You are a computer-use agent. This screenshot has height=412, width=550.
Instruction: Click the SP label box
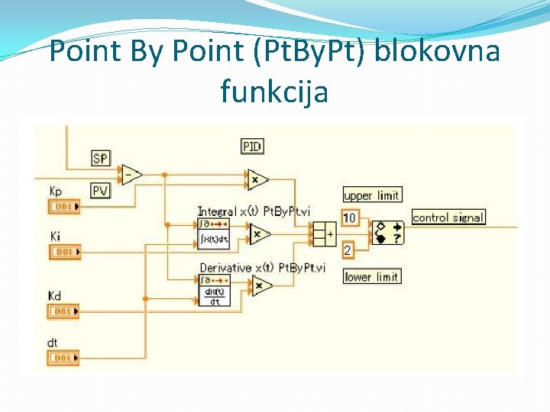coord(100,158)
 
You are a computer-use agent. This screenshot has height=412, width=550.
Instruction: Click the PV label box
coord(100,190)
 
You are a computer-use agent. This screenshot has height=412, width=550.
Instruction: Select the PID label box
coord(251,146)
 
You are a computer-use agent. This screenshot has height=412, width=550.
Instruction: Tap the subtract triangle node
coord(131,175)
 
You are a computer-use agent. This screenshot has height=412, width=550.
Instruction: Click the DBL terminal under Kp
coord(63,206)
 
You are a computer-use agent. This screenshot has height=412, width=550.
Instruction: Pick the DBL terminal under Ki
coord(63,252)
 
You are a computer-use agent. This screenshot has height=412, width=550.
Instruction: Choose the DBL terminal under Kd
coord(63,311)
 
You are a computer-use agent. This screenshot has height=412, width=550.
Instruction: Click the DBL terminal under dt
coord(63,357)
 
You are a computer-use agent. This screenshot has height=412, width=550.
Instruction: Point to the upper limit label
coord(372,195)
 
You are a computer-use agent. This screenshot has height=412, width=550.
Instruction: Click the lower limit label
coord(372,276)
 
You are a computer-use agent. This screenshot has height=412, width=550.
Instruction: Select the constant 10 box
coord(349,217)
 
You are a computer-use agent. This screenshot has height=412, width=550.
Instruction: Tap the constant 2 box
coord(347,250)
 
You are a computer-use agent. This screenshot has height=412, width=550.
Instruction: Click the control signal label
coord(448,217)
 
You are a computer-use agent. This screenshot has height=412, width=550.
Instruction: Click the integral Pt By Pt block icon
coord(213,233)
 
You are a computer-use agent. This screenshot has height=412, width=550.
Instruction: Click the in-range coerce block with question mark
coord(388,232)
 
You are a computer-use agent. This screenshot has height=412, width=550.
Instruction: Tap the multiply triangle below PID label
coord(258,179)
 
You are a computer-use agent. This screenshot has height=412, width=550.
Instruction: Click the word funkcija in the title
coord(273,92)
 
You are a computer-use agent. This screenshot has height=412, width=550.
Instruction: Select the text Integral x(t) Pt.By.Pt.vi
coord(253,211)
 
